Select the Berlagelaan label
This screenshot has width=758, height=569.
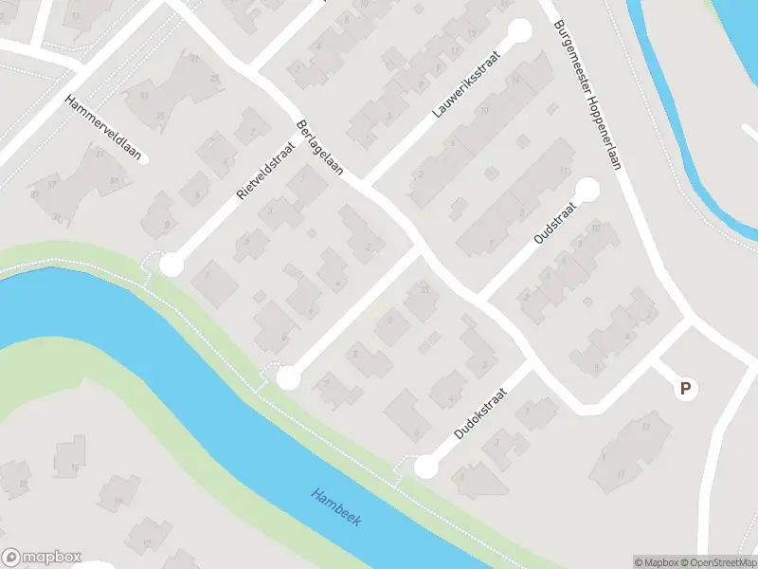tap(319, 150)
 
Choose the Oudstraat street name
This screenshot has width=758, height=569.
tap(550, 228)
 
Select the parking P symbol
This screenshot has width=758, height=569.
tap(684, 388)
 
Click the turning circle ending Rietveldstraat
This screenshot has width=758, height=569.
tap(171, 266)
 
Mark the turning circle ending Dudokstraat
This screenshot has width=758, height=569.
tap(426, 467)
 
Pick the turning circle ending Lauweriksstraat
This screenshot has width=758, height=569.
tap(520, 31)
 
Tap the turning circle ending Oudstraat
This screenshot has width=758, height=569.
tap(588, 190)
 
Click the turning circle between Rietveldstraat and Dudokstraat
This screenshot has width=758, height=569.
tap(288, 378)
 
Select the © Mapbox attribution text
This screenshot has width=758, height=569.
tap(656, 562)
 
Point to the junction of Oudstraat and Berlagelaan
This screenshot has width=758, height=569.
tap(480, 302)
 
